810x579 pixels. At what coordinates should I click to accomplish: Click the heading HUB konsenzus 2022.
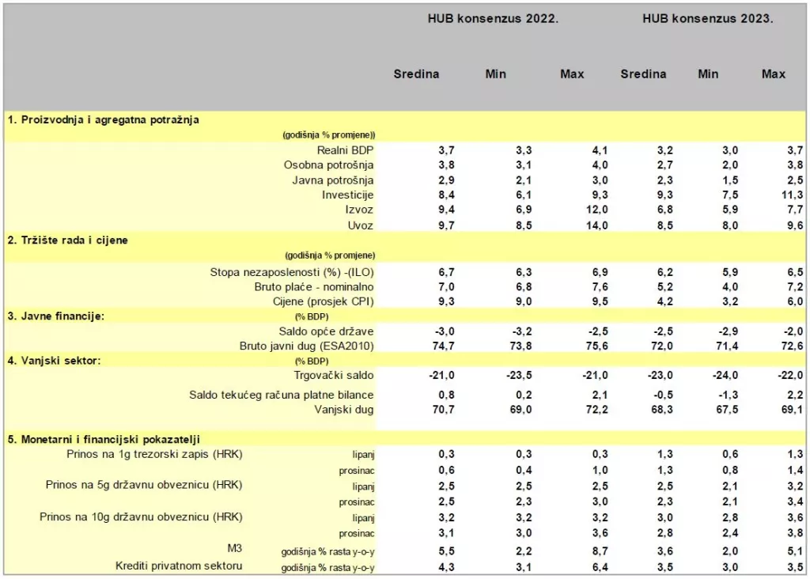[x=493, y=18]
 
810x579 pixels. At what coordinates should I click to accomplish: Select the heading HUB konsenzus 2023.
[x=707, y=18]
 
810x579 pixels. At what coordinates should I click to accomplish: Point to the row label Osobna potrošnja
[x=328, y=165]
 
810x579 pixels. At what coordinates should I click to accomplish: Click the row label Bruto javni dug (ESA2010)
[x=306, y=346]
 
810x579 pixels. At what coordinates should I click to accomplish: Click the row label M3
[x=233, y=548]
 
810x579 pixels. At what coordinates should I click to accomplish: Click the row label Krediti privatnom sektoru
[x=179, y=566]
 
